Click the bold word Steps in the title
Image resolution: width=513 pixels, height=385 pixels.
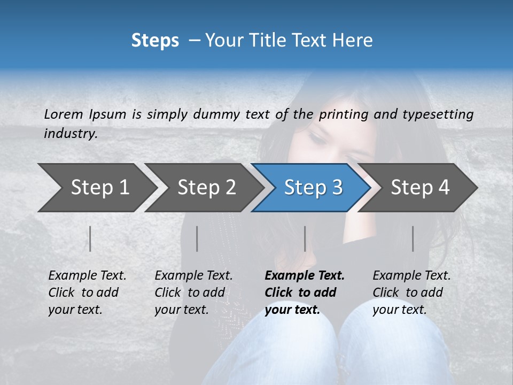(155, 41)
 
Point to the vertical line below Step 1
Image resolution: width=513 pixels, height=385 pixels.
(90, 238)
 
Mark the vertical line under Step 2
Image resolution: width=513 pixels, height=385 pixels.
(197, 238)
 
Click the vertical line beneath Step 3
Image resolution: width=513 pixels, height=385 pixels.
(305, 238)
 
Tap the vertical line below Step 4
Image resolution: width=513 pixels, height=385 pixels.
(413, 238)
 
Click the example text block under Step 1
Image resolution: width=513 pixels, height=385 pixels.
(87, 292)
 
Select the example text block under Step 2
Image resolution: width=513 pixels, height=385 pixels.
(193, 292)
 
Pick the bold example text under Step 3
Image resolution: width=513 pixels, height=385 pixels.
(305, 292)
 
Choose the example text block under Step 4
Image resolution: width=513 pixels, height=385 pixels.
(411, 292)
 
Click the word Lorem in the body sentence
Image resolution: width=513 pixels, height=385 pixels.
(64, 114)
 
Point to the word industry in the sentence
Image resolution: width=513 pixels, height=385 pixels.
(70, 134)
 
